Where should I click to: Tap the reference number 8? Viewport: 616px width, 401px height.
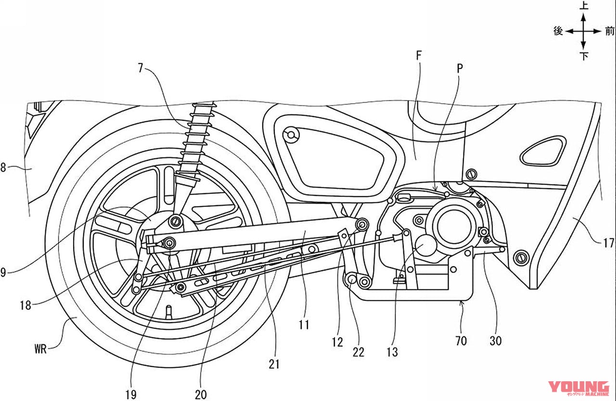tap(4, 168)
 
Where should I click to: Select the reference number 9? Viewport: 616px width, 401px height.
tap(4, 272)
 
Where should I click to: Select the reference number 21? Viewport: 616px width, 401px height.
tap(274, 364)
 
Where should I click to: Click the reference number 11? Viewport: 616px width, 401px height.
tap(304, 325)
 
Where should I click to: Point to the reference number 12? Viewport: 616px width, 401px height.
tap(337, 342)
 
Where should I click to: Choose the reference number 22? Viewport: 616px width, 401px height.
tap(359, 352)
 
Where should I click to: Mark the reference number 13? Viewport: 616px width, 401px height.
tap(392, 352)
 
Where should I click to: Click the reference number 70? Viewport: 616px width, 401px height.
tap(461, 341)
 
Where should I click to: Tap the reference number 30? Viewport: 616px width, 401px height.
tap(495, 340)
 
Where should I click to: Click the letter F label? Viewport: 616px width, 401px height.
tap(418, 56)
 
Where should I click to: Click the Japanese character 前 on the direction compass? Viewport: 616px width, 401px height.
tap(610, 31)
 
